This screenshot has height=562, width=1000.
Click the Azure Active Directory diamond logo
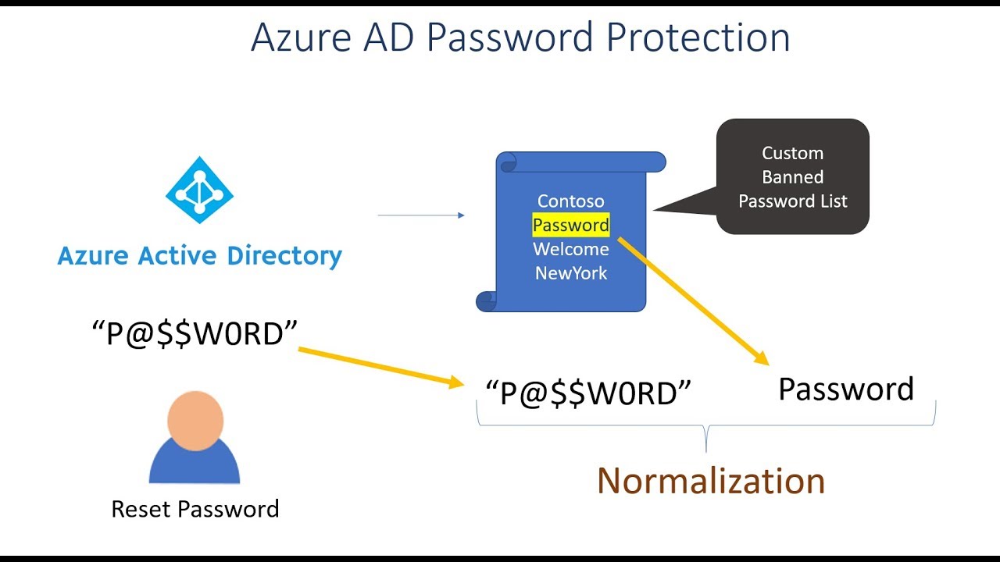point(199,190)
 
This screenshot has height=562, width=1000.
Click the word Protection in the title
point(698,37)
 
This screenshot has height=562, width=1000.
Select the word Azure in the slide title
point(302,37)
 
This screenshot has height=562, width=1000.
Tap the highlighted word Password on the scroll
point(571,225)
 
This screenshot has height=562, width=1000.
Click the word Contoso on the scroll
point(570,201)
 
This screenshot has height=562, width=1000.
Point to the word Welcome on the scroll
point(570,249)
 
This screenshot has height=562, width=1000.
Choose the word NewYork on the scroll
point(571,273)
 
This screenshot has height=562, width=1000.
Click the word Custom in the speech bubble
point(792,153)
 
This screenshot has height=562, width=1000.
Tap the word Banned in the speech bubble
point(792,177)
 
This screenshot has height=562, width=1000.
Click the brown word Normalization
point(711,481)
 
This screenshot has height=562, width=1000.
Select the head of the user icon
point(195,421)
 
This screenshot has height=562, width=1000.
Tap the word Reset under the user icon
point(141,509)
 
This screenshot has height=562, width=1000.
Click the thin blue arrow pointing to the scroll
point(421,215)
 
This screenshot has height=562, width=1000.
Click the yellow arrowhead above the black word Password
point(761,358)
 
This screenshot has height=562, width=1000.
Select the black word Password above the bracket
point(846,389)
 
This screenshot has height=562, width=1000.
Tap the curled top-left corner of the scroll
point(508,162)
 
